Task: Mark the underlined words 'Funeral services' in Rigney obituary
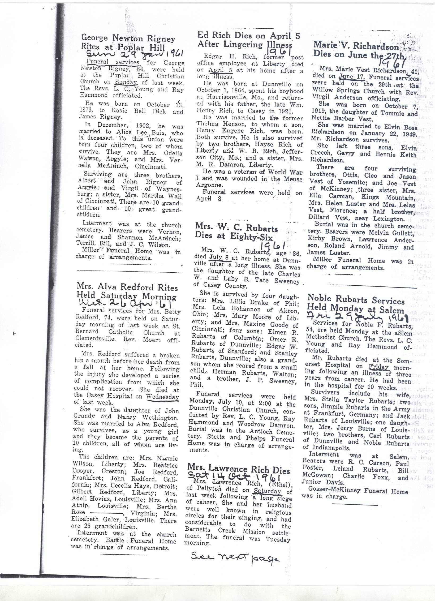(113, 62)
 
